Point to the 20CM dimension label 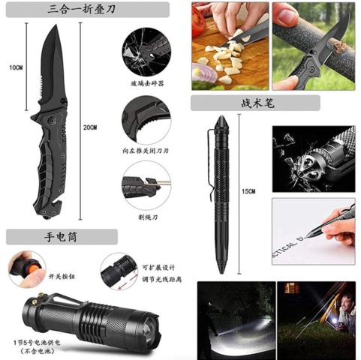click(110, 127)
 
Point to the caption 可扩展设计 click(158, 268)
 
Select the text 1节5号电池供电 click(39, 341)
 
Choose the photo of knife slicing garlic click(228, 45)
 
